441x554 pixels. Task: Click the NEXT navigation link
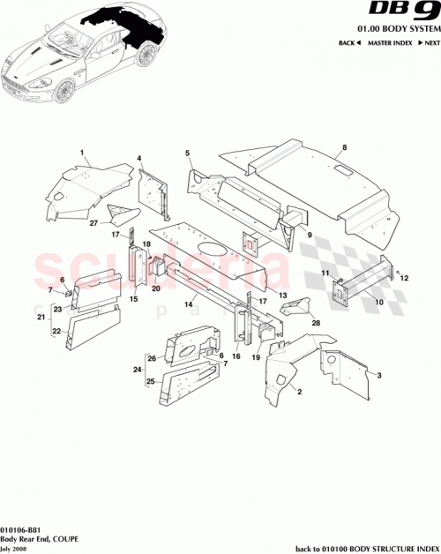(429, 43)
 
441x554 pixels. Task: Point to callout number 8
(345, 147)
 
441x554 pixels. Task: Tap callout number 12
(406, 278)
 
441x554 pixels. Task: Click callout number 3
(380, 376)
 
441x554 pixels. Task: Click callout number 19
(257, 359)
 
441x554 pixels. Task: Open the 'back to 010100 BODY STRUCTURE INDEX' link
(365, 546)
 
